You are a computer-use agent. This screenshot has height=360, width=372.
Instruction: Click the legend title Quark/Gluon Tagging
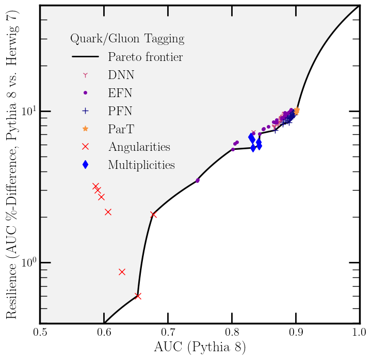click(127, 39)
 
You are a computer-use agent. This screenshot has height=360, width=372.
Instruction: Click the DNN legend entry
click(121, 75)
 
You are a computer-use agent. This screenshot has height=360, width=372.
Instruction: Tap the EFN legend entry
click(120, 93)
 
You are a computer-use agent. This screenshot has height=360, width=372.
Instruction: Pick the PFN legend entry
click(120, 111)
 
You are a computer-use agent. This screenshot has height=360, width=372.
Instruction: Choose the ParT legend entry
click(121, 129)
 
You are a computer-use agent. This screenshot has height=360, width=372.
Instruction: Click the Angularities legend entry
click(139, 147)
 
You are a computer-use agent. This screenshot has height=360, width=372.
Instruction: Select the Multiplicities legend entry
click(141, 165)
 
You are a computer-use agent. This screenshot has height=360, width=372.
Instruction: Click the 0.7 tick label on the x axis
click(168, 331)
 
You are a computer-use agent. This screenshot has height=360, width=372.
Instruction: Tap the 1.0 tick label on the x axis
click(359, 331)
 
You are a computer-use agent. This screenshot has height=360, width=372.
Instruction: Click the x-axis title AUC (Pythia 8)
click(200, 347)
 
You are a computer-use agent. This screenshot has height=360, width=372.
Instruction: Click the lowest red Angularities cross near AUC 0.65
click(138, 296)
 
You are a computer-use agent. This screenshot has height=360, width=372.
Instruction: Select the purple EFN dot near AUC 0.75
click(198, 180)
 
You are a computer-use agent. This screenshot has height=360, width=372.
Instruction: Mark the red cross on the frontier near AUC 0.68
click(153, 214)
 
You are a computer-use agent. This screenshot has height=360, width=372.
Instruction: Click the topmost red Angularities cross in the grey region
click(95, 186)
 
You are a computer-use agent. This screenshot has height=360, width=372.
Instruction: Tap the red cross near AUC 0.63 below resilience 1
click(122, 272)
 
